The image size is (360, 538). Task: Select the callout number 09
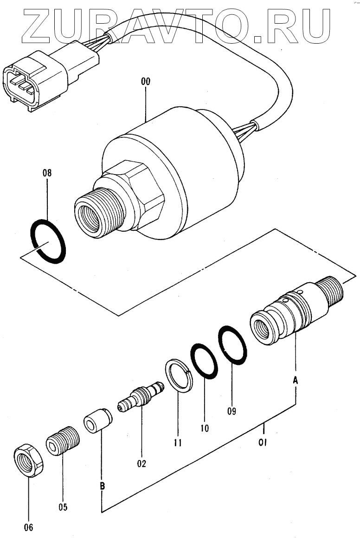[x=231, y=410]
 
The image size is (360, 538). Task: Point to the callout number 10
[x=205, y=428]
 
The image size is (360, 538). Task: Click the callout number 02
[x=141, y=463]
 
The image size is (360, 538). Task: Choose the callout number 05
[x=63, y=507]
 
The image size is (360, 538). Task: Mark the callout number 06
[x=28, y=527]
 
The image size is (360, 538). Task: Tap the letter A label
[x=295, y=380]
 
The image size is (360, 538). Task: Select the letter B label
[x=102, y=486]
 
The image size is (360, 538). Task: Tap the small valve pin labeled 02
[x=141, y=397]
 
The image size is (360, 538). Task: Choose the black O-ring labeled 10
[x=204, y=361]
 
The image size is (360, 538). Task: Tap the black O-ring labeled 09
[x=233, y=345]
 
